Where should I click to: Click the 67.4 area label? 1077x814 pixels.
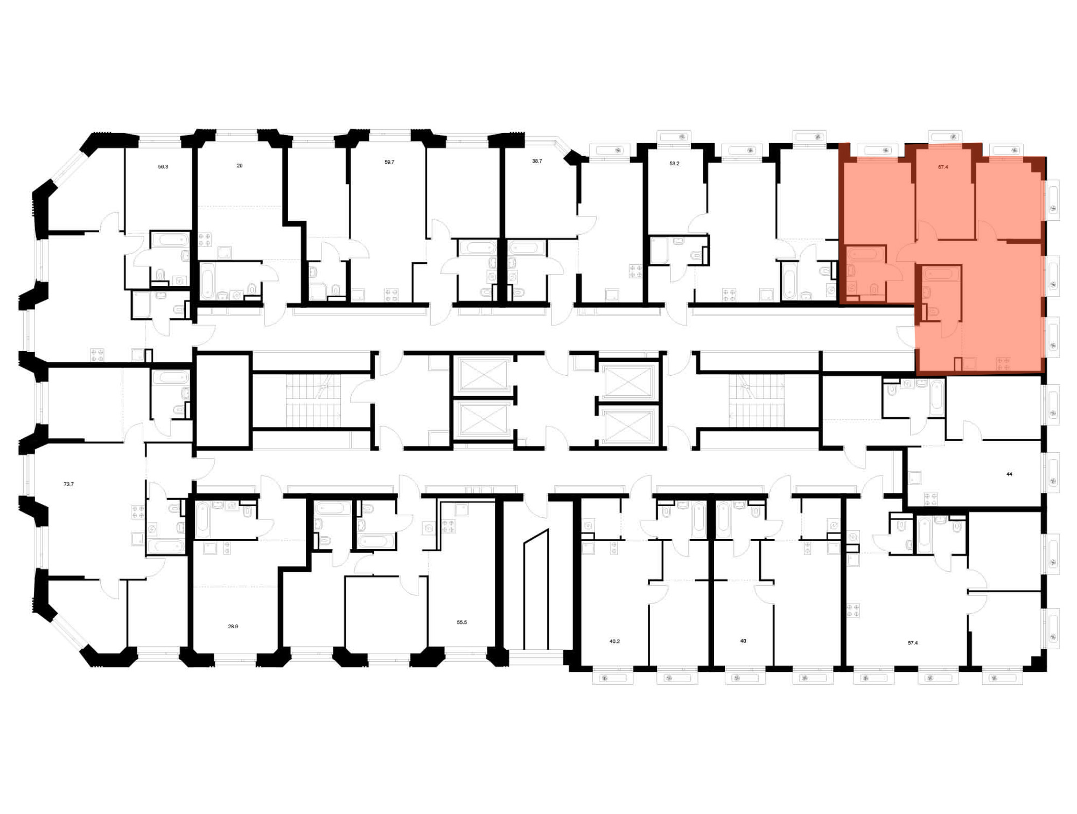(x=943, y=167)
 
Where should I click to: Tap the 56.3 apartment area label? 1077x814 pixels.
(x=163, y=167)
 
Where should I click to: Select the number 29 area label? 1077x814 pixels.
(x=240, y=166)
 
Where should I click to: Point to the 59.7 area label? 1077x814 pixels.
(x=389, y=162)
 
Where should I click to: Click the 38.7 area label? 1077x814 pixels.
(x=537, y=161)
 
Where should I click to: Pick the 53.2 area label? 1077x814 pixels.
(x=674, y=163)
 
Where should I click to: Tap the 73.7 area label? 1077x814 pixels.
(x=68, y=485)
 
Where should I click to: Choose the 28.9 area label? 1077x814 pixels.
(x=233, y=627)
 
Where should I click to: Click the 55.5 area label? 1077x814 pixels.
(x=461, y=622)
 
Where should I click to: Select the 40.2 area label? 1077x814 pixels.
(x=614, y=642)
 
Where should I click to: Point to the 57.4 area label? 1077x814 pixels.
(x=913, y=643)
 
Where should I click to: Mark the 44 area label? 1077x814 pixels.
(x=1009, y=474)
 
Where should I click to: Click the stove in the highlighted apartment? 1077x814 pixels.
(x=1003, y=363)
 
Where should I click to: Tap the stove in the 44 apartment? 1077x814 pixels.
(x=931, y=499)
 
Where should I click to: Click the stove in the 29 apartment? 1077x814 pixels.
(x=205, y=240)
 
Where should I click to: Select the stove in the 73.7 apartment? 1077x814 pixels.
(x=138, y=512)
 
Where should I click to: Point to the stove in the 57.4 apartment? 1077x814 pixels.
(x=853, y=610)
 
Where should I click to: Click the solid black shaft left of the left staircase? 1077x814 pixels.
(x=223, y=400)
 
